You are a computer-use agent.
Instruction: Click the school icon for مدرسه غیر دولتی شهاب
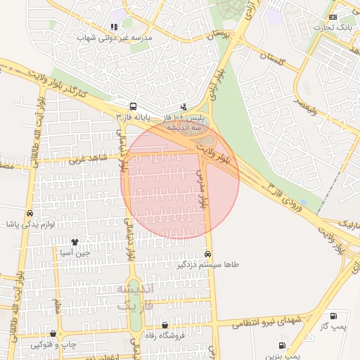tap(114, 27)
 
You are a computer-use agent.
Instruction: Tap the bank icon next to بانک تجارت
tap(333, 18)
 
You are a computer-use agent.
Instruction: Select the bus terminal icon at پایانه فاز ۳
tap(131, 106)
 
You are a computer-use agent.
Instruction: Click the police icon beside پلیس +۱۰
tap(184, 107)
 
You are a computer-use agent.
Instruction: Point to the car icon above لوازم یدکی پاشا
tap(30, 213)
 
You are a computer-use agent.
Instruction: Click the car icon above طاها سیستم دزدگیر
tap(207, 254)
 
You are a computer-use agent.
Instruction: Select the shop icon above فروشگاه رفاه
tap(165, 325)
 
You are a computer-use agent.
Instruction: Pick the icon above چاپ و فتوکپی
tap(53, 333)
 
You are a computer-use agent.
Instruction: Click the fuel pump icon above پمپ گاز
tap(333, 316)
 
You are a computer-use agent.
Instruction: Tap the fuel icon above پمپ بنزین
tap(282, 345)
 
